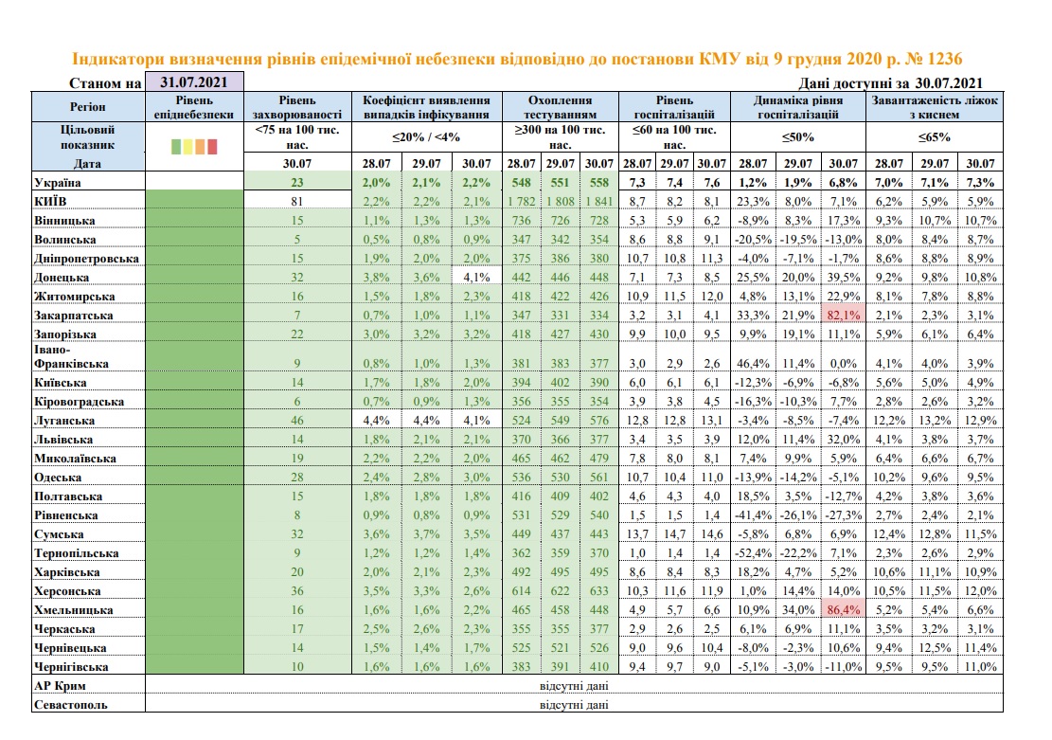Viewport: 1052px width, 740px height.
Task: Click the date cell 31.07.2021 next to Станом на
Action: point(194,82)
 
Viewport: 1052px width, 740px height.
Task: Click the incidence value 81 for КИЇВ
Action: point(296,201)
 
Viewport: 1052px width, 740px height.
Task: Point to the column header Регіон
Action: point(88,106)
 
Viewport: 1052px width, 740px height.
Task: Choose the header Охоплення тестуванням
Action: point(560,106)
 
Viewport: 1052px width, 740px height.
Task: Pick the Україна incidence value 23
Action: point(296,182)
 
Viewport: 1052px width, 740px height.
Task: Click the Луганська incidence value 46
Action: point(296,420)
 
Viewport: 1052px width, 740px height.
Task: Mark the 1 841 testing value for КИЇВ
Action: point(597,201)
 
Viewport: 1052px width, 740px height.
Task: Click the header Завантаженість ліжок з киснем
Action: point(935,106)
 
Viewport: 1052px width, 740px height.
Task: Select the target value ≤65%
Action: point(935,136)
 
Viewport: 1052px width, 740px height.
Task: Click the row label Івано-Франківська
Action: point(71,356)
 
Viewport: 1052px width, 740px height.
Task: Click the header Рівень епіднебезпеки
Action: point(194,106)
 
